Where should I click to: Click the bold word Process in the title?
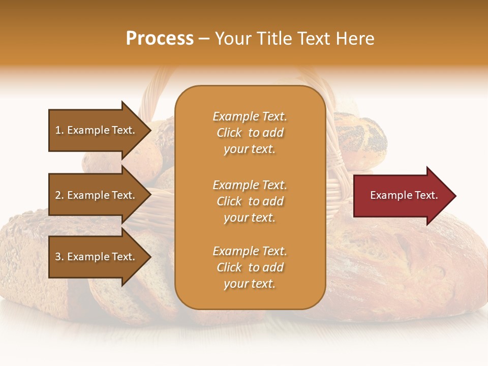[x=160, y=39]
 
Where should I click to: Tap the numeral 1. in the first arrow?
[x=59, y=130]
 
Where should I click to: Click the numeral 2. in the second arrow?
[x=59, y=195]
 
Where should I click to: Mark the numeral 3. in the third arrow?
[x=59, y=257]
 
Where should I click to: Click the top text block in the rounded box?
[x=250, y=133]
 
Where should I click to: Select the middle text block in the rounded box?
[x=250, y=201]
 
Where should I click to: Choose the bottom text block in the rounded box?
[x=250, y=267]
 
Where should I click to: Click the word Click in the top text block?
[x=229, y=133]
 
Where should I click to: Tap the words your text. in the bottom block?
[x=250, y=284]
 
